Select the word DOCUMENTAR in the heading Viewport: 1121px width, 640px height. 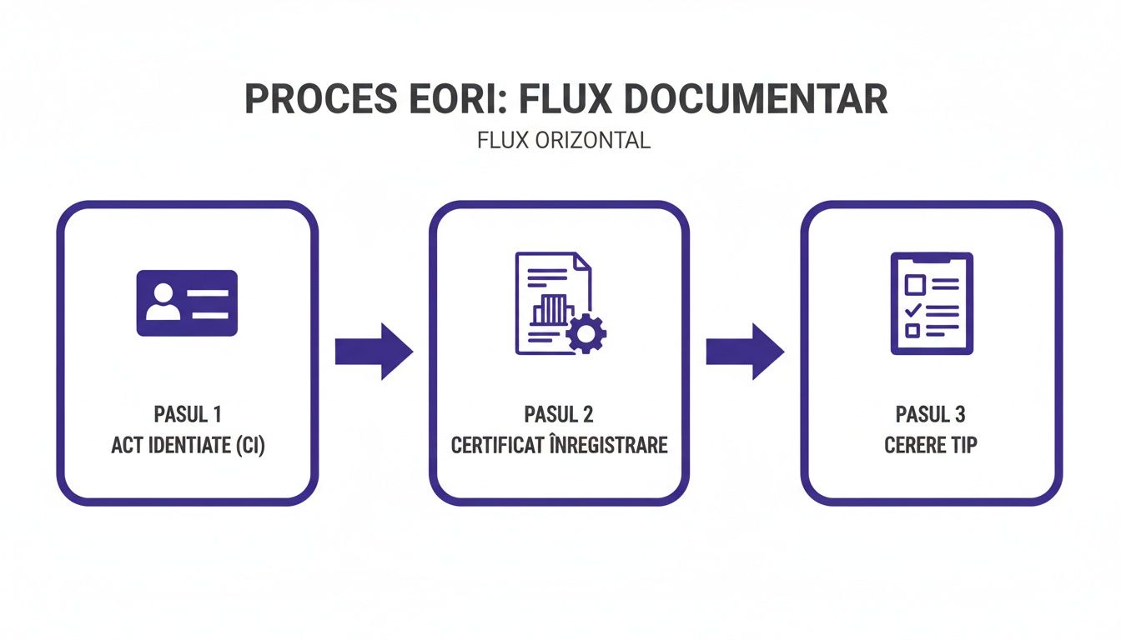click(x=754, y=99)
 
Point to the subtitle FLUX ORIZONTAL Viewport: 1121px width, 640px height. click(x=563, y=140)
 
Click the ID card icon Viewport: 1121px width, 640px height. click(x=187, y=302)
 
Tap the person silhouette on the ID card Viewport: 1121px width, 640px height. click(x=163, y=302)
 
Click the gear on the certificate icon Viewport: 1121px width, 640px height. click(x=586, y=334)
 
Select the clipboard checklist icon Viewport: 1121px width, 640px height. click(x=931, y=303)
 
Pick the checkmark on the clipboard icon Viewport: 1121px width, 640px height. click(x=913, y=309)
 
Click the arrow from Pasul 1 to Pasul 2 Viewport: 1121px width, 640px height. click(x=374, y=352)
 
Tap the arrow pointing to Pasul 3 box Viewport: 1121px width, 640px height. click(x=745, y=352)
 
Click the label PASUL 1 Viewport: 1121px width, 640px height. click(x=188, y=414)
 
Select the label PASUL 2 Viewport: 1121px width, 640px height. click(x=559, y=414)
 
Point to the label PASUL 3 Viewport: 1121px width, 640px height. click(x=930, y=414)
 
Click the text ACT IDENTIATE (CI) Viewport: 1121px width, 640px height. click(x=188, y=445)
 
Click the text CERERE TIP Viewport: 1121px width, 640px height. click(x=930, y=445)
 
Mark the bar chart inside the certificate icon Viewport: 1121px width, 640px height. click(x=550, y=310)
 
